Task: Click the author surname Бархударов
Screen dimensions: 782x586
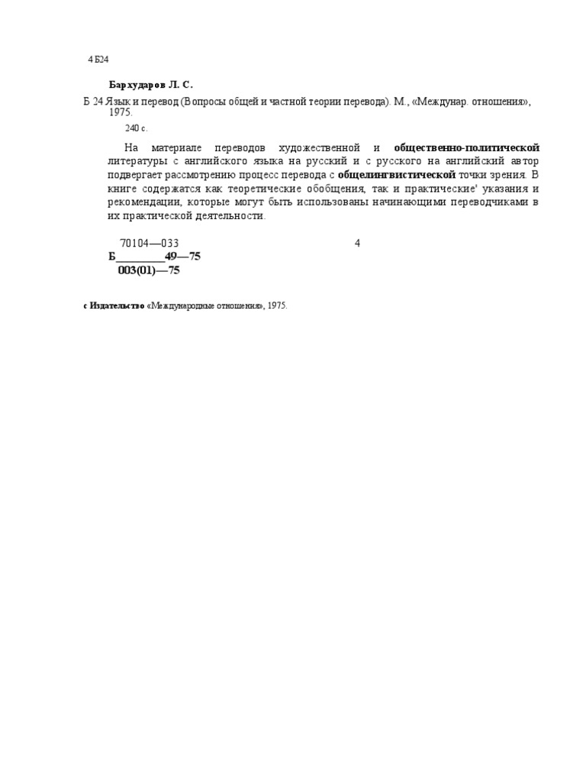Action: point(137,85)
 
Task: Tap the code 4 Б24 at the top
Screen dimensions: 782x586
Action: point(98,60)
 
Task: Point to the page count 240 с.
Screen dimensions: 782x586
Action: point(136,128)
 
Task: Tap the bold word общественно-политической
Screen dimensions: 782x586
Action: point(466,147)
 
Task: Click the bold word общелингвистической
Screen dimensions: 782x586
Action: point(397,175)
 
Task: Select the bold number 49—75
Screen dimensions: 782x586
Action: point(182,257)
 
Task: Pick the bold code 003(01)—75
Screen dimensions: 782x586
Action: point(149,270)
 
